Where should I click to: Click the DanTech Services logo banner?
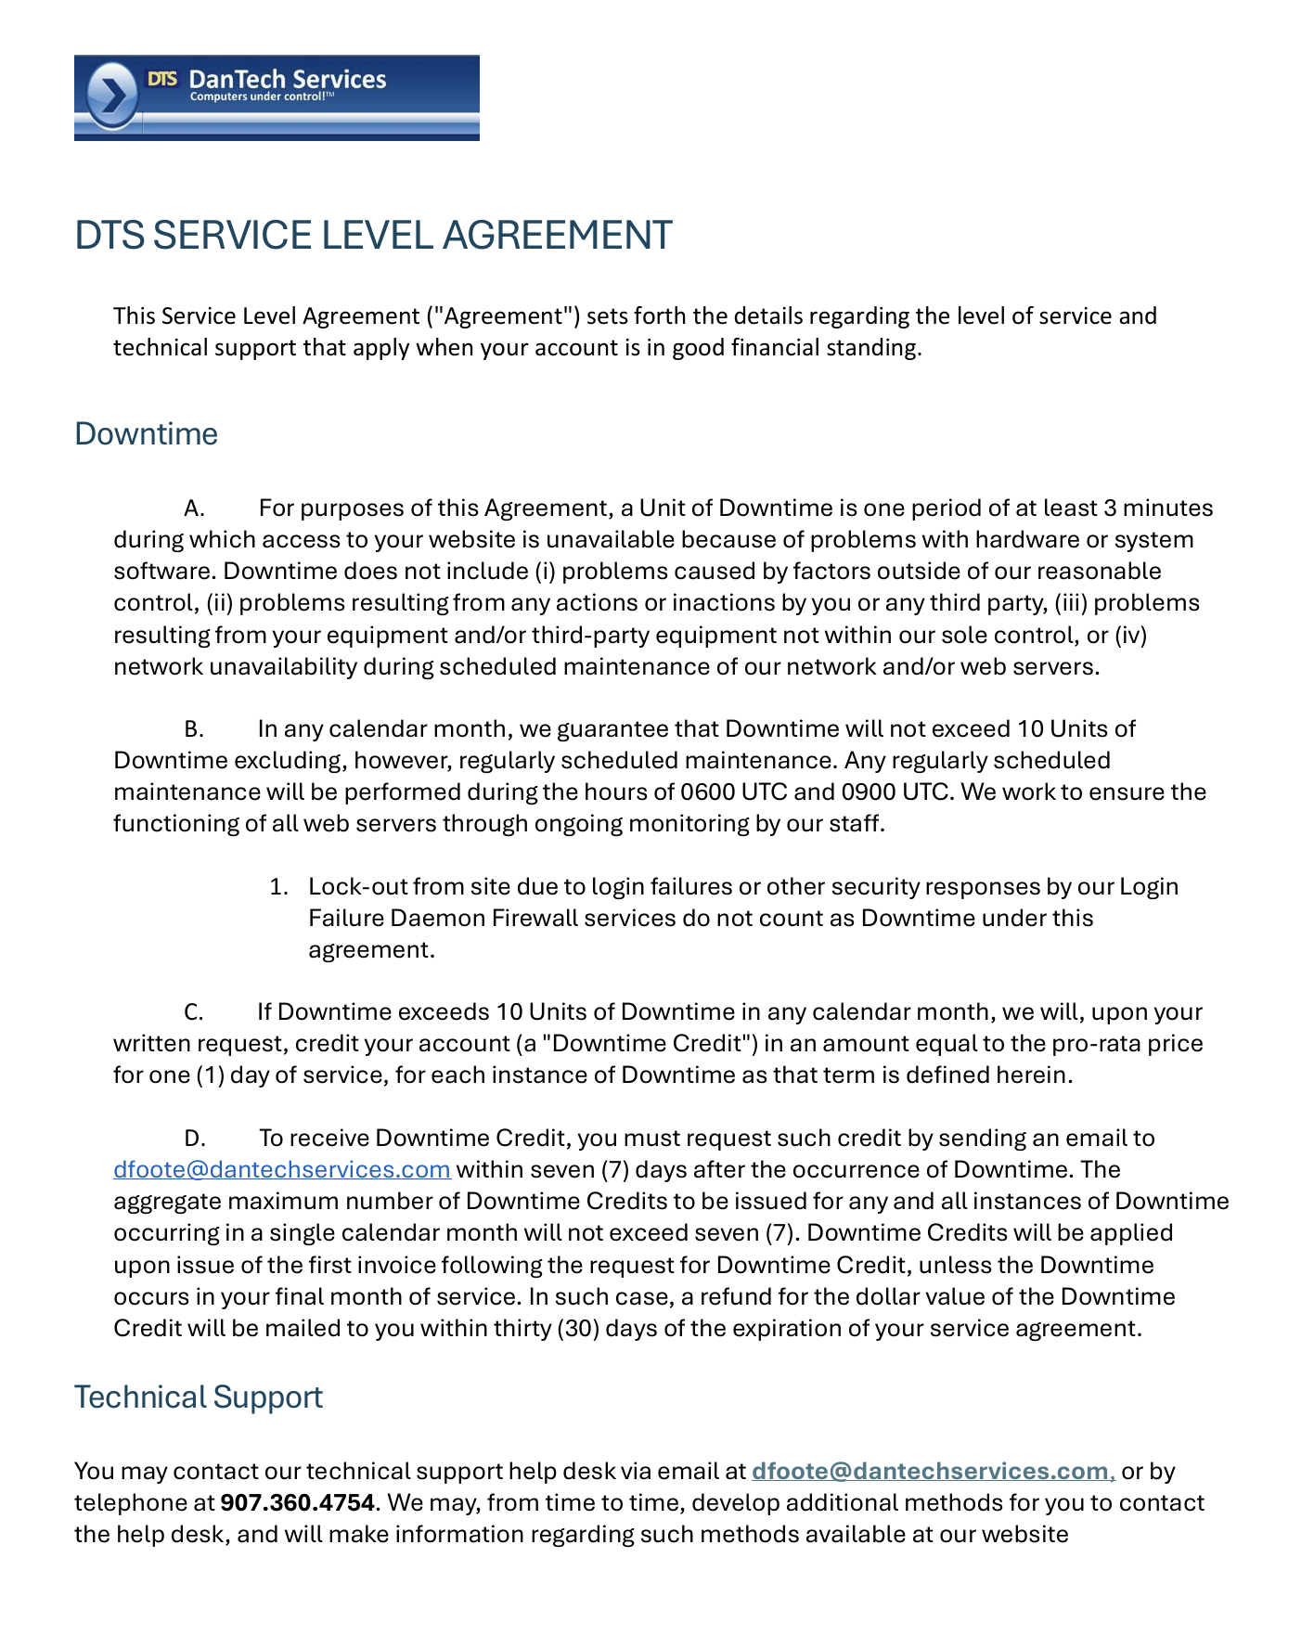pos(277,97)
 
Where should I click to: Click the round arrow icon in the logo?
pos(112,96)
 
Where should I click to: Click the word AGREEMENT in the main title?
pos(557,236)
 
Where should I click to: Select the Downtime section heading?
pos(146,434)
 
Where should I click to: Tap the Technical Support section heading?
pos(198,1397)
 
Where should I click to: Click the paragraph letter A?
pos(194,509)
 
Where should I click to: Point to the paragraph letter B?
pos(193,729)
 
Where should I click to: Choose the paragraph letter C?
pos(193,1012)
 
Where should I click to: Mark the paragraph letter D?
pos(194,1139)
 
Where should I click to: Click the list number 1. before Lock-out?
pos(278,887)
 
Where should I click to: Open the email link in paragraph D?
pos(281,1170)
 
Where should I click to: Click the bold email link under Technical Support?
pos(930,1472)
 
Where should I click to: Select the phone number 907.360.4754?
pos(297,1503)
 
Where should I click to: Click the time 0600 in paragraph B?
pos(708,792)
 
